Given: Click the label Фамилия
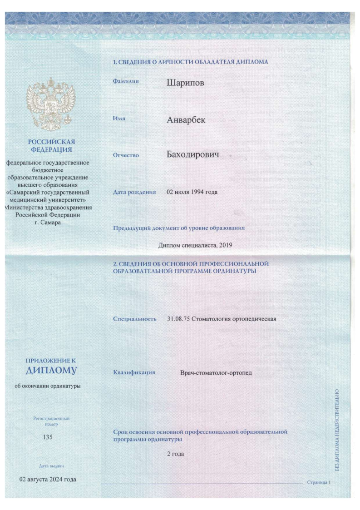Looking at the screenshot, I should [x=126, y=80].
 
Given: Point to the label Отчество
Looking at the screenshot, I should [x=126, y=155].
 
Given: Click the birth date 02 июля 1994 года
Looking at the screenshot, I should [x=192, y=192].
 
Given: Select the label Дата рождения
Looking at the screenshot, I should [x=134, y=192].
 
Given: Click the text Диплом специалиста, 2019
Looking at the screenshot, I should [x=195, y=246].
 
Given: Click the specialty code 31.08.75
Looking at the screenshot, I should [x=178, y=319].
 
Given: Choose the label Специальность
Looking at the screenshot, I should [x=135, y=319].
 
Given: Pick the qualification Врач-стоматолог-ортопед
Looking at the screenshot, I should [x=216, y=373].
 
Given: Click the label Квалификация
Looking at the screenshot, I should [x=134, y=372].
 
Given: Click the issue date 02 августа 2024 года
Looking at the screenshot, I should [x=47, y=480].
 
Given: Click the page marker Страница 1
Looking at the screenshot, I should [x=320, y=482].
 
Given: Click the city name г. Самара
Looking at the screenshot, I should [x=47, y=222].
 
